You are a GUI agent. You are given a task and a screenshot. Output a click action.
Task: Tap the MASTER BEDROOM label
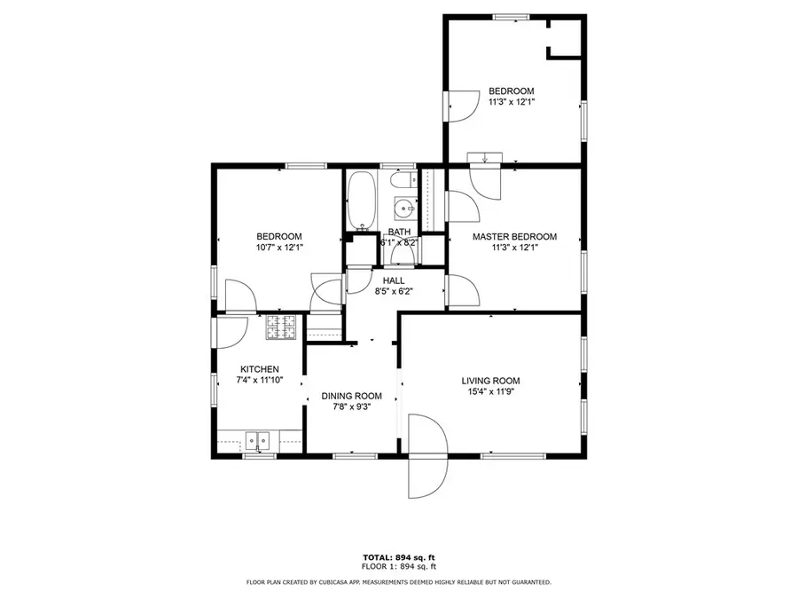(x=514, y=237)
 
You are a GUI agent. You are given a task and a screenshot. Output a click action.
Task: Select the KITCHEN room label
(x=260, y=369)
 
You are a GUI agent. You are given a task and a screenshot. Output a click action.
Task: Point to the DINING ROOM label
(x=351, y=396)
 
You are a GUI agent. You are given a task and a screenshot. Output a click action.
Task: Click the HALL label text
(x=394, y=280)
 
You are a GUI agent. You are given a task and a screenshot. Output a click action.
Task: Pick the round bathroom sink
(x=403, y=210)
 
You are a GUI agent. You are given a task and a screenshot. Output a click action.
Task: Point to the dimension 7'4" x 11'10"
(x=260, y=381)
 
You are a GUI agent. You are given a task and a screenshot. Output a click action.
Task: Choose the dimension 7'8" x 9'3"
(x=351, y=407)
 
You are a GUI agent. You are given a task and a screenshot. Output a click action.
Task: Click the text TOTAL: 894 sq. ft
(x=398, y=556)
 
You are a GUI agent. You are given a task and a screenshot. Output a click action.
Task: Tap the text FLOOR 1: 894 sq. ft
(x=398, y=566)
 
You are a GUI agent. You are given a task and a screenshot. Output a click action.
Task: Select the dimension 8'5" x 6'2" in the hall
(x=394, y=292)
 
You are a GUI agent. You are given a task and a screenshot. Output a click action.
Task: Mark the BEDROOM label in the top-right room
(x=512, y=91)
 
